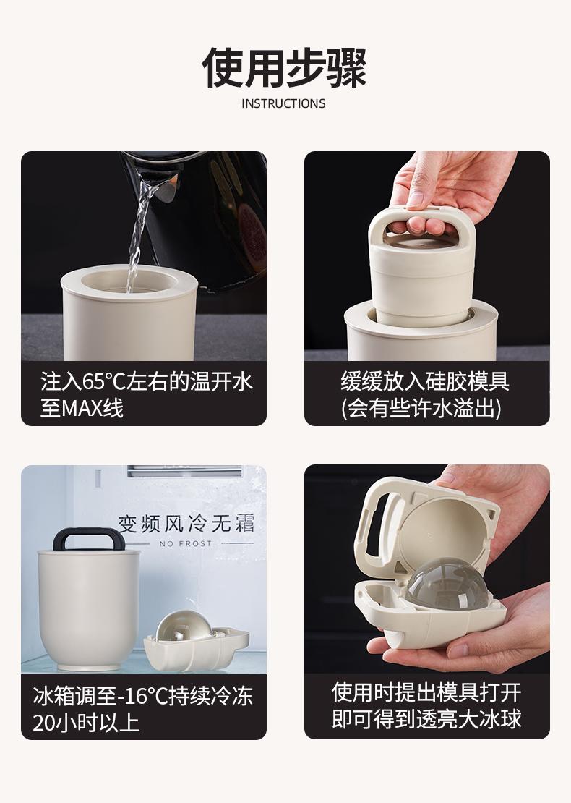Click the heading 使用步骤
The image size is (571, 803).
coord(285,67)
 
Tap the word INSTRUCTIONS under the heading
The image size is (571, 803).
coord(283,103)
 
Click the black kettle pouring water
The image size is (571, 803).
coord(205,215)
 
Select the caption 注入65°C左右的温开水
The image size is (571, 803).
coord(146,382)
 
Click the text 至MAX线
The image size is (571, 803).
coord(82,409)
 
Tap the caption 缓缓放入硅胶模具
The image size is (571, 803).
coord(425,381)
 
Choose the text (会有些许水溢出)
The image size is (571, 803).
coord(421,409)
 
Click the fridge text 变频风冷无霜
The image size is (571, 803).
coord(186,523)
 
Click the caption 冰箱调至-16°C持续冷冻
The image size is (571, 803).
coord(143,696)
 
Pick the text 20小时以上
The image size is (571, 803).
coord(86,723)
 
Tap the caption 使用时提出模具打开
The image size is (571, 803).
coord(426,692)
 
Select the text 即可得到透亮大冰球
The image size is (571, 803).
coord(426,719)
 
